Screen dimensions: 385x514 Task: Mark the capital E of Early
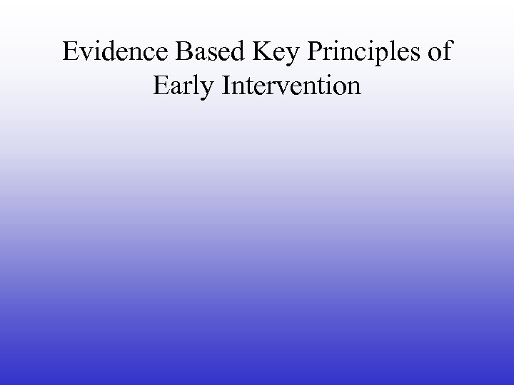(161, 87)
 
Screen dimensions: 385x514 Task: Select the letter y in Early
(208, 91)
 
